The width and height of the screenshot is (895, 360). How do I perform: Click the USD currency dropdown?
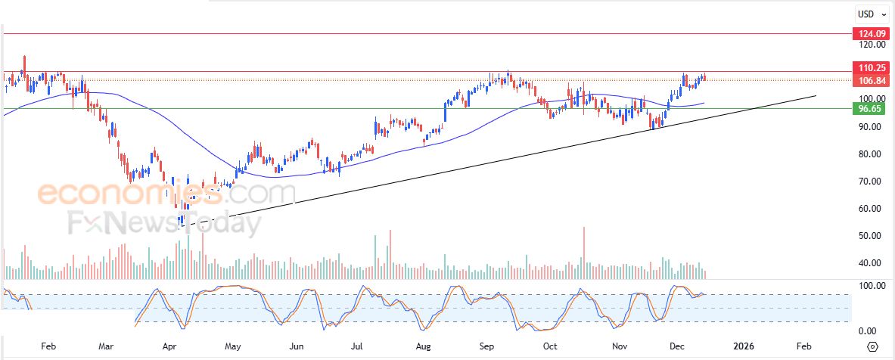871,14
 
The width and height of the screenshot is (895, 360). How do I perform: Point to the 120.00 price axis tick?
866,45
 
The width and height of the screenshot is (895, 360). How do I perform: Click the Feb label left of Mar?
48,346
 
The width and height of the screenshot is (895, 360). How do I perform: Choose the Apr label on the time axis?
170,346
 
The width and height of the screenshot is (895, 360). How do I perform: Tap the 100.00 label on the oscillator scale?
868,286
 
